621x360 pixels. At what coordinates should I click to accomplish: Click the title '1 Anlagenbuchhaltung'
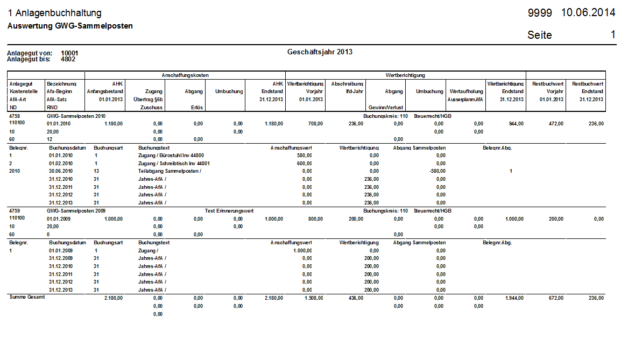tap(54, 13)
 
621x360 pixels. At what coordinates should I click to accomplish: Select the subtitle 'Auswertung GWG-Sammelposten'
tap(70, 26)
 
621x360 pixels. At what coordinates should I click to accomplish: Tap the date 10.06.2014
tap(588, 13)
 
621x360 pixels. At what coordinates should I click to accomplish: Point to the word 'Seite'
tap(540, 35)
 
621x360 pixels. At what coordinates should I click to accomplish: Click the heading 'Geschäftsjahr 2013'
tap(320, 52)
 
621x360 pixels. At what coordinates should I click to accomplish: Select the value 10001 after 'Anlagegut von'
tap(70, 53)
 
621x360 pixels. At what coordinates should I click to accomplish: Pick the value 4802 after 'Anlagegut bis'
tap(68, 59)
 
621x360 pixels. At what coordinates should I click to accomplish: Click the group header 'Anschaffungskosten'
tap(185, 75)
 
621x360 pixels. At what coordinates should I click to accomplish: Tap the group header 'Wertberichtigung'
tap(406, 75)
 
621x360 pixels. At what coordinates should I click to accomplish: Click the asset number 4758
tap(16, 116)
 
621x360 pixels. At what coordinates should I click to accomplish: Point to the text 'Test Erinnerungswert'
tap(229, 211)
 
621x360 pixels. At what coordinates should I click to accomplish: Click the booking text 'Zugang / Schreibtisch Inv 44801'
tap(174, 164)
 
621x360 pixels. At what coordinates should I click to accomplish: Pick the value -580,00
tap(436, 171)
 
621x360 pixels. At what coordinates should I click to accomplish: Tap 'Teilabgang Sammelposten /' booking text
tap(169, 171)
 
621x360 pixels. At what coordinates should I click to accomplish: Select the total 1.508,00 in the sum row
tap(313, 298)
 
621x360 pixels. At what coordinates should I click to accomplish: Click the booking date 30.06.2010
tap(61, 171)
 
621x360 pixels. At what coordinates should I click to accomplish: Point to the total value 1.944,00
tap(514, 298)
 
